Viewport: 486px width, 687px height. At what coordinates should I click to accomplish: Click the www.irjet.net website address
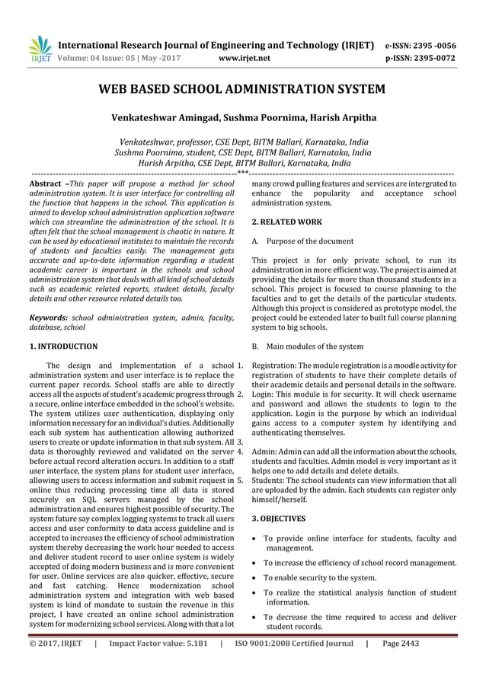coord(244,56)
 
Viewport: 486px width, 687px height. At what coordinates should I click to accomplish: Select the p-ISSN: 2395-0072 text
coord(431,56)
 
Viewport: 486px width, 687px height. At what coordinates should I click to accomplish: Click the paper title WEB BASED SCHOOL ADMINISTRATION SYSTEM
coord(242,90)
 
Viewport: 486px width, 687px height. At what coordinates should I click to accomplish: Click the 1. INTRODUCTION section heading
coord(62,347)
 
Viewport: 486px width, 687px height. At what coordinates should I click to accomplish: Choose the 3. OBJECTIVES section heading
coord(279,519)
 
